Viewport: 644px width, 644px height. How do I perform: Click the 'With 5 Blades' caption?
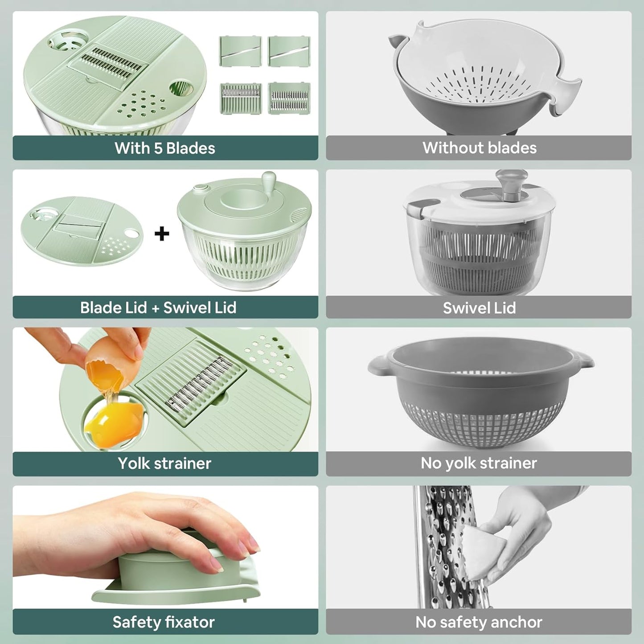click(165, 148)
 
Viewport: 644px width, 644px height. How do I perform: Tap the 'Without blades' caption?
click(479, 148)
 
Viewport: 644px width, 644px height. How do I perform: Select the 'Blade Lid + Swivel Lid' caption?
click(158, 308)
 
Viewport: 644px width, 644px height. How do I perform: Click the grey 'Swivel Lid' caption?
click(479, 308)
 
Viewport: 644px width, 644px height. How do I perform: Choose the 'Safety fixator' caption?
click(164, 622)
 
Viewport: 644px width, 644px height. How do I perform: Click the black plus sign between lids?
click(162, 234)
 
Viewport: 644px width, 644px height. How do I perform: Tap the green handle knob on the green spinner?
click(269, 180)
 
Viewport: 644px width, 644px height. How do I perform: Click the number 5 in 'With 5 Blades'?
click(158, 148)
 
